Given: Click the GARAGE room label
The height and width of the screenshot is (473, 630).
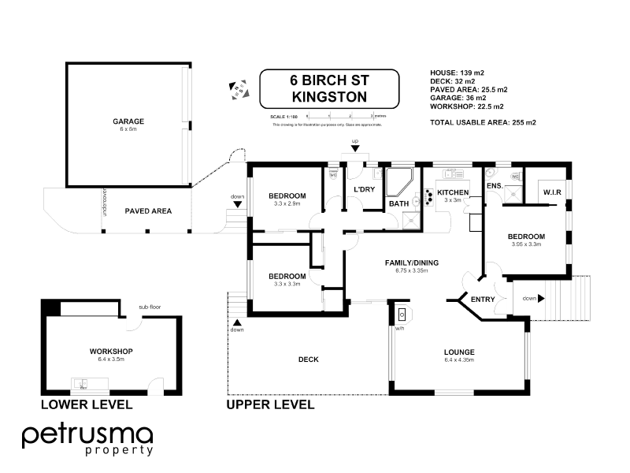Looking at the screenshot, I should point(128,121).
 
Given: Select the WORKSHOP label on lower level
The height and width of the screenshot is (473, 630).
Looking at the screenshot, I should point(111,351).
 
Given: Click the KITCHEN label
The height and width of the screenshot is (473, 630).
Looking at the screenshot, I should point(453,192).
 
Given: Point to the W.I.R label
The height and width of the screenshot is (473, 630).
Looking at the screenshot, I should point(551,192).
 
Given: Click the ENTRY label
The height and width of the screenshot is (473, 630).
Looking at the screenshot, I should point(482,300).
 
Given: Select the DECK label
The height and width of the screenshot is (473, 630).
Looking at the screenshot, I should point(308,359).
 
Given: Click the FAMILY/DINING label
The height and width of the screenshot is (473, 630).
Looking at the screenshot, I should point(411,262).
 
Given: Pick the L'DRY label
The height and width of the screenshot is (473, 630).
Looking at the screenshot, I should point(363,190).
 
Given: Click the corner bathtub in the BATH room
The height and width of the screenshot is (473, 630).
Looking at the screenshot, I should point(401,182).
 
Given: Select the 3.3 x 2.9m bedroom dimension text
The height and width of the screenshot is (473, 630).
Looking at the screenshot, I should point(287,204).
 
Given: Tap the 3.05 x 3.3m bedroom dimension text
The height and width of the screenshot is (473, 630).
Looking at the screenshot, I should point(525,244).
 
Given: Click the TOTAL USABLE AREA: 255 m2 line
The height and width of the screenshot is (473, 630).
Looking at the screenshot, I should point(483,122).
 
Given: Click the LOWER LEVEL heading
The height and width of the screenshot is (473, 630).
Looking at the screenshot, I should point(87,404).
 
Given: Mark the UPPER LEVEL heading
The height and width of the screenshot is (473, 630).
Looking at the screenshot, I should point(270,404).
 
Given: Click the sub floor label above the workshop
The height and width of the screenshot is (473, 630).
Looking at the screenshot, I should point(150,307).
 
